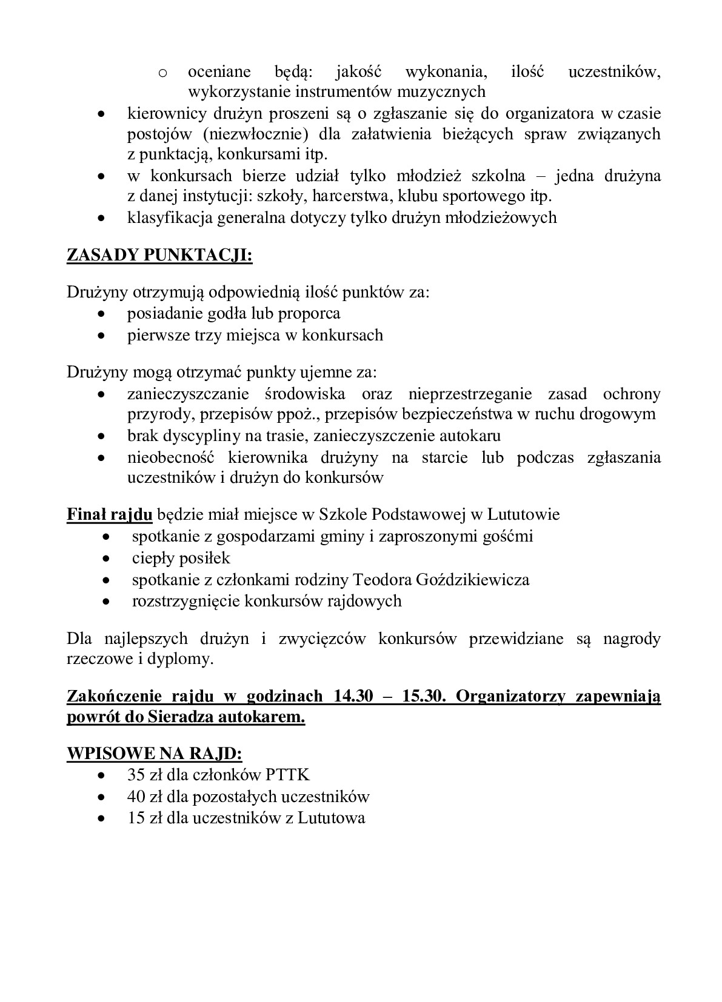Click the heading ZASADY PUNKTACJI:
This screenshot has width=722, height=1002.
159,256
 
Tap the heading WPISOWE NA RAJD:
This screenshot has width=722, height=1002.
154,754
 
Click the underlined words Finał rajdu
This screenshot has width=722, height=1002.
110,515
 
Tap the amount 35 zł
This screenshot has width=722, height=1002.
142,775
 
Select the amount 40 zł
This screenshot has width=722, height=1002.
142,796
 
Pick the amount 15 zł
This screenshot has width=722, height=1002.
142,818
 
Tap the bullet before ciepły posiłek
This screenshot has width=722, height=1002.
107,559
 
